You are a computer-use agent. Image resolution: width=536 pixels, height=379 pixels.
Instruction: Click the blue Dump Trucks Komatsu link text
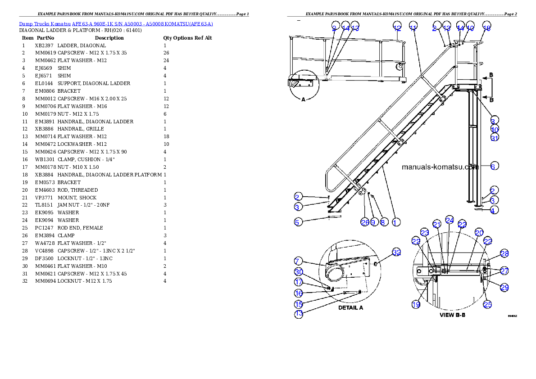(116, 24)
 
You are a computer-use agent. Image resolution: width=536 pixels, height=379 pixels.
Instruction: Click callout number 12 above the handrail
(396, 26)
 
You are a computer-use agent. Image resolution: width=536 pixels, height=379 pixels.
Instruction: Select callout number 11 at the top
(413, 26)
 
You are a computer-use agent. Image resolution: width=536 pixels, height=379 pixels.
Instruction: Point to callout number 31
(495, 138)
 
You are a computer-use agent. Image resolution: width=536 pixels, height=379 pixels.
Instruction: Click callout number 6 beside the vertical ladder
(494, 166)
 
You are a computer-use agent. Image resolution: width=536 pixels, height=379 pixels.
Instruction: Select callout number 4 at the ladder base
(494, 210)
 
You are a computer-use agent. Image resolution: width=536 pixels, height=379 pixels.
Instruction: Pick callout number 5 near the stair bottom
(297, 221)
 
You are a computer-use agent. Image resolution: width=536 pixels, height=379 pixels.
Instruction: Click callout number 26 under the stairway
(365, 222)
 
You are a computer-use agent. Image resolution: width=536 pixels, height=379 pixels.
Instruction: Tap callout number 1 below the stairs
(395, 222)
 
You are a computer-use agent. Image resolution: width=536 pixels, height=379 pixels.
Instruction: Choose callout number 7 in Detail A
(297, 261)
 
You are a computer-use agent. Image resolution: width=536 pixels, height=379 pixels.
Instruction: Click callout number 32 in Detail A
(396, 253)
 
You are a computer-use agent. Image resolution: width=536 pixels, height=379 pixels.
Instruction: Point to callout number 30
(298, 272)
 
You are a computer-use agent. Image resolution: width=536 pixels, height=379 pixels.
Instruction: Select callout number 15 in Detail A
(298, 304)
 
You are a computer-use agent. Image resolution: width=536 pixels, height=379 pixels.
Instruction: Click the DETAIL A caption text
(350, 308)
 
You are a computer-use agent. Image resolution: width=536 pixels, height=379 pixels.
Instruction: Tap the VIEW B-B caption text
(452, 315)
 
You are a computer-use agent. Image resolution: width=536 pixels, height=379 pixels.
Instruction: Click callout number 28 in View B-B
(504, 254)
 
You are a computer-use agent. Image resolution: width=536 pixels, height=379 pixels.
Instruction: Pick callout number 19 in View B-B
(416, 304)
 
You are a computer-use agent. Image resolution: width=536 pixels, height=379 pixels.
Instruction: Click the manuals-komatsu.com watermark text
(439, 167)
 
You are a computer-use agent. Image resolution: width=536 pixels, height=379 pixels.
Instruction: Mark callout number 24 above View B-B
(449, 220)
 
